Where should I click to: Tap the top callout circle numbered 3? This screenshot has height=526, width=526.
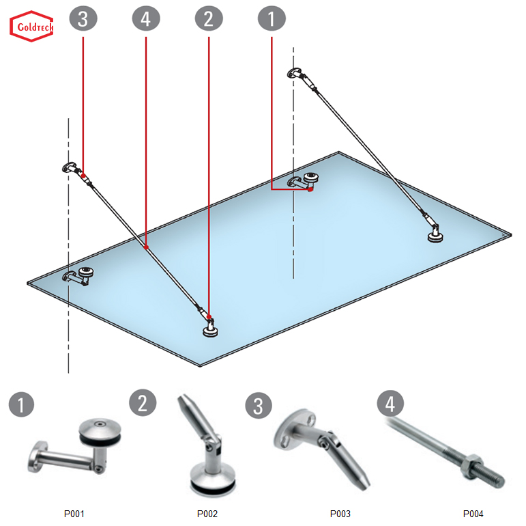point(83,18)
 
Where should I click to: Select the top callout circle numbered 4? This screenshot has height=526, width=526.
point(146,18)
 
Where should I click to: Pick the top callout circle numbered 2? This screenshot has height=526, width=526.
point(209,18)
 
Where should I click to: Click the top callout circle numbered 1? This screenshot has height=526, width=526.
point(272,18)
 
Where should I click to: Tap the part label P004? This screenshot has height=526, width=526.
point(473,513)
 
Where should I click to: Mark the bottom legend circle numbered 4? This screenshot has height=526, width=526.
point(390,404)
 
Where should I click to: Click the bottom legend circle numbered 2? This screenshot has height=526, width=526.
point(143,402)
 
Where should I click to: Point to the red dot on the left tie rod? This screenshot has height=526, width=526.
point(147,247)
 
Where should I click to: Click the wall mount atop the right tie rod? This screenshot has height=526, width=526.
point(297,74)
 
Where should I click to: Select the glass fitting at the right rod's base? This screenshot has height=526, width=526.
point(434,236)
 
